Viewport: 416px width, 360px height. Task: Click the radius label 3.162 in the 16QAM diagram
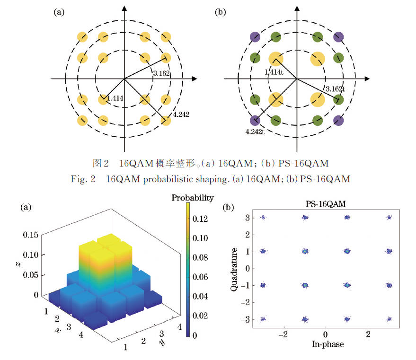click(162, 73)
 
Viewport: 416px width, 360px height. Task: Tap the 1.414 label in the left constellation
click(115, 98)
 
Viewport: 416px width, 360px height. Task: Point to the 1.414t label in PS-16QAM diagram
click(274, 72)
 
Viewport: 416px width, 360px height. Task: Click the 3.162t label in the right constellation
click(335, 88)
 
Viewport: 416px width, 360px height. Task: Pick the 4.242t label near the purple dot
click(255, 132)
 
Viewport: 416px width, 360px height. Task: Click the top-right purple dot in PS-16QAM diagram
click(338, 37)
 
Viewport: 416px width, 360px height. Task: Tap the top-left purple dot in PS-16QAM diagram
click(255, 37)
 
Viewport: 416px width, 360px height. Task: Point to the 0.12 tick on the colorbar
click(202, 219)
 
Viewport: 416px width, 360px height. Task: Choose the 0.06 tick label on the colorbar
click(202, 277)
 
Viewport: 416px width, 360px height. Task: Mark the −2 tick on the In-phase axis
click(283, 334)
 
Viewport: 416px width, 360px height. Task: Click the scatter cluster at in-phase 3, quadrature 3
click(389, 218)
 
